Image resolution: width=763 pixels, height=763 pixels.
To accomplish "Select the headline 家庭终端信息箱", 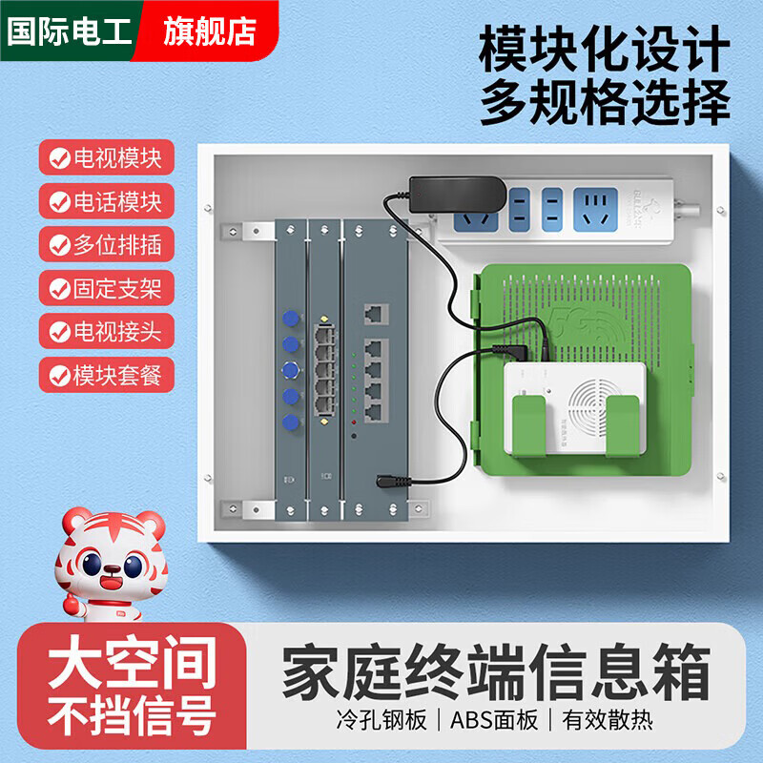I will (x=496, y=672).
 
